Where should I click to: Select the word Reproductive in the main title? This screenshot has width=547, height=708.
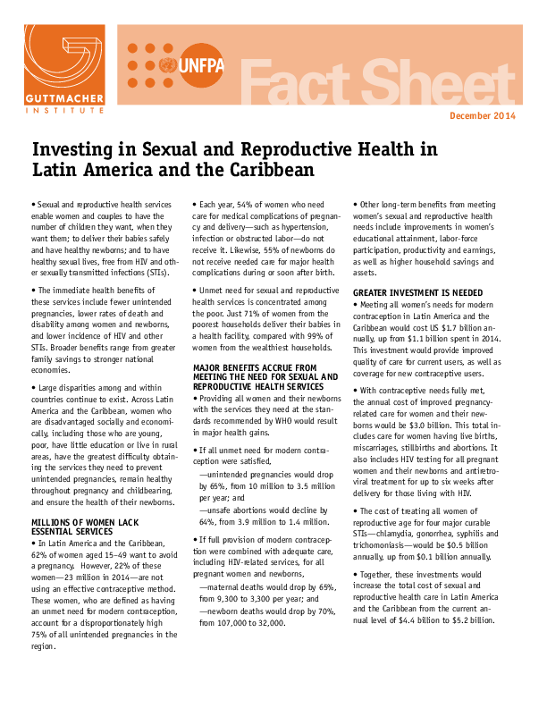289,148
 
